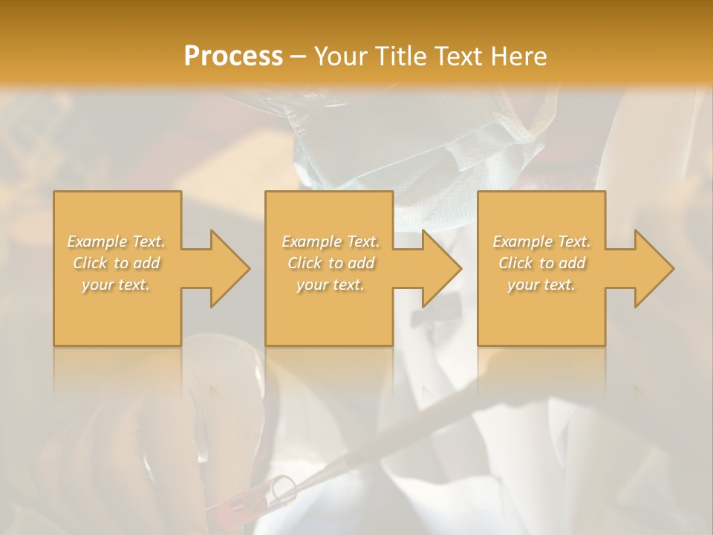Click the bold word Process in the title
tap(233, 56)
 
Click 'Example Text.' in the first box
tap(117, 241)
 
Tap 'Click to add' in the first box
tap(117, 263)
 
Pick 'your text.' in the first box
tap(117, 285)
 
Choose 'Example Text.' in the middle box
tap(331, 241)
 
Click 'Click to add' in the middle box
tap(331, 263)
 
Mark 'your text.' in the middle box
tap(331, 285)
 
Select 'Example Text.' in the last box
tap(541, 241)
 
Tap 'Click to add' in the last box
tap(541, 263)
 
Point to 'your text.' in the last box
tap(541, 285)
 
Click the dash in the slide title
tap(298, 56)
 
